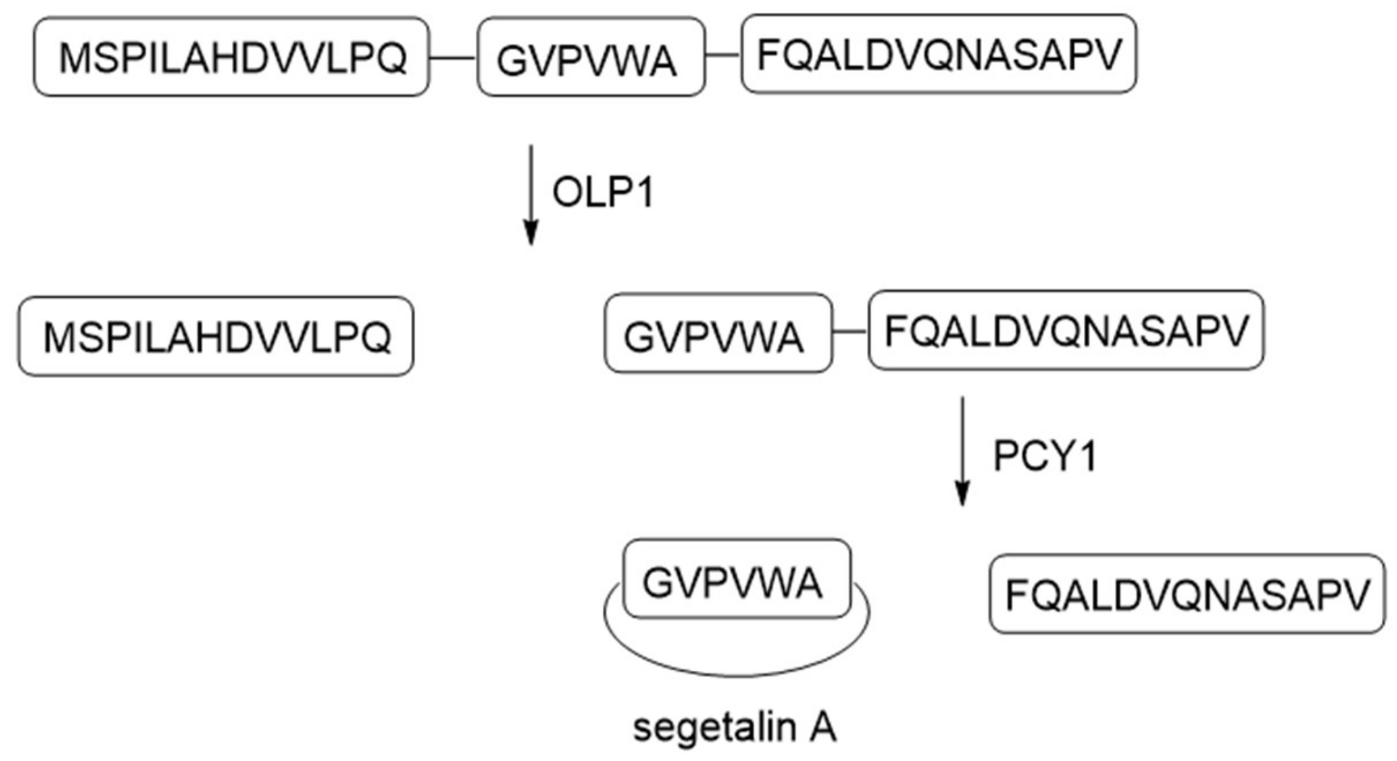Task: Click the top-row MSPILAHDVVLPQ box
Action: [x=231, y=57]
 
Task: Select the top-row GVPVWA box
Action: [x=590, y=57]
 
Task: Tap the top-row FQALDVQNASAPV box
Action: [x=938, y=54]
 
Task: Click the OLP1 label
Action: [x=603, y=192]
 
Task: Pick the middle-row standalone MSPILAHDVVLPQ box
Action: [x=216, y=336]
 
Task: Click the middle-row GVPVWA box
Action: [x=718, y=333]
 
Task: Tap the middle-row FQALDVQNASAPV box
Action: [x=1066, y=330]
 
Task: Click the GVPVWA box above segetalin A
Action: [x=737, y=579]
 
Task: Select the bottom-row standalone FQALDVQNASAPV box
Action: [x=1186, y=593]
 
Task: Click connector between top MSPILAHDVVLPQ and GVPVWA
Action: [x=453, y=58]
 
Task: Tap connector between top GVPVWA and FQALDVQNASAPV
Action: [x=723, y=55]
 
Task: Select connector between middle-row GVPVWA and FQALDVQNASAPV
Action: [x=850, y=332]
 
